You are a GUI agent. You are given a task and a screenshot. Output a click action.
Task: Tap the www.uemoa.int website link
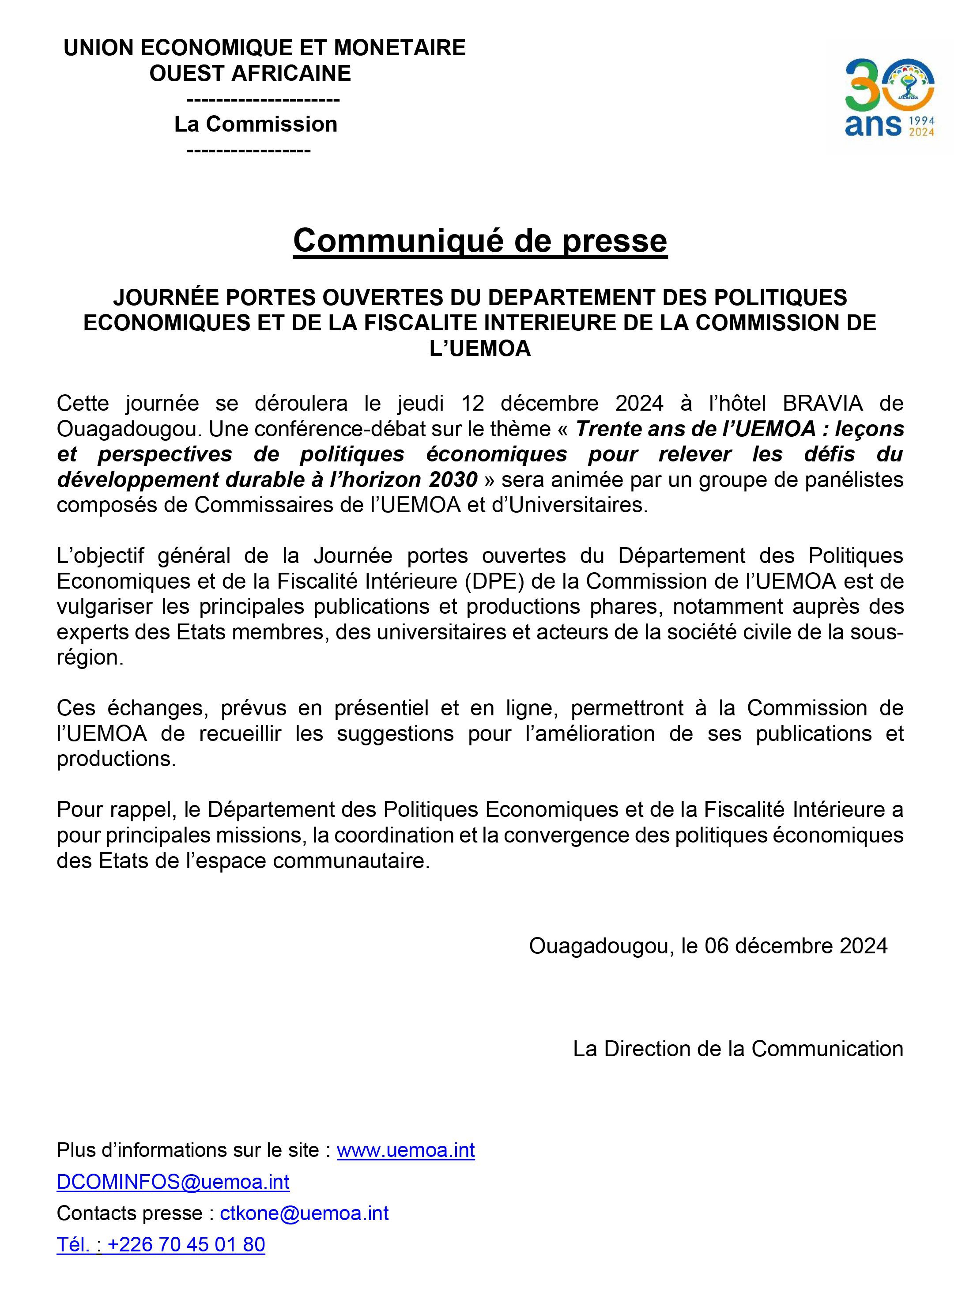tap(405, 1149)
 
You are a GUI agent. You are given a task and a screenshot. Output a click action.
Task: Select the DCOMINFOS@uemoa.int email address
tap(173, 1181)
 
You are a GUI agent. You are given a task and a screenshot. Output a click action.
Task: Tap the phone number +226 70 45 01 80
tap(185, 1244)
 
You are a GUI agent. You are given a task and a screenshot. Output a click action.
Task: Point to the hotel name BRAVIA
tap(822, 403)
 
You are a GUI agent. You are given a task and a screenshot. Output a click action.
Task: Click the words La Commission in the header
tap(256, 124)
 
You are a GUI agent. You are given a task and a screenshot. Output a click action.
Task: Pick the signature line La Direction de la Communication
tap(738, 1048)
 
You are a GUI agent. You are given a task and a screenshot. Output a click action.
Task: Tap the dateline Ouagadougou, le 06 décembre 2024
tap(708, 946)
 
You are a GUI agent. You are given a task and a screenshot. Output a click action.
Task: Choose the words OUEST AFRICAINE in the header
tap(250, 73)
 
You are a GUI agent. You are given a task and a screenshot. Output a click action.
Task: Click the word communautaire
tap(351, 861)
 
